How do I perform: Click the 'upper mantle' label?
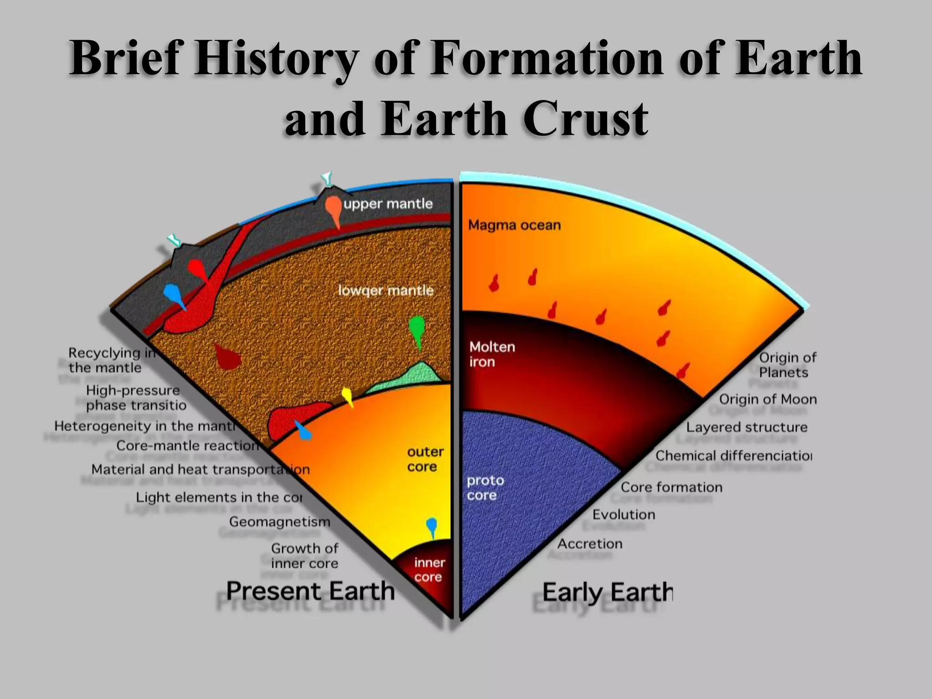pyautogui.click(x=388, y=203)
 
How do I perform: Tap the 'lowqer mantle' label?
pyautogui.click(x=385, y=290)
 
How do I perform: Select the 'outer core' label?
pyautogui.click(x=425, y=459)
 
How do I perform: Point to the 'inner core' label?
pyautogui.click(x=429, y=570)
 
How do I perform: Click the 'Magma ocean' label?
pyautogui.click(x=514, y=225)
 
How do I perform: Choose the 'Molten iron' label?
pyautogui.click(x=492, y=355)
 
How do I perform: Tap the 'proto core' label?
pyautogui.click(x=485, y=488)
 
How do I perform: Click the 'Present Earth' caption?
pyautogui.click(x=310, y=591)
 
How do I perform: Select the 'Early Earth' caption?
pyautogui.click(x=607, y=593)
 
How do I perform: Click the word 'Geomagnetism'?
pyautogui.click(x=279, y=522)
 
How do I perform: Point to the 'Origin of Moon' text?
pyautogui.click(x=768, y=400)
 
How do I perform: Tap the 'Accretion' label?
pyautogui.click(x=590, y=544)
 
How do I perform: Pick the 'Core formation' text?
pyautogui.click(x=671, y=487)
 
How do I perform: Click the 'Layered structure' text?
pyautogui.click(x=747, y=427)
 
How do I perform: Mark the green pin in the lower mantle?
pyautogui.click(x=417, y=329)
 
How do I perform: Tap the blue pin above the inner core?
pyautogui.click(x=431, y=527)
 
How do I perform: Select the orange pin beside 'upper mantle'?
pyautogui.click(x=334, y=209)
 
